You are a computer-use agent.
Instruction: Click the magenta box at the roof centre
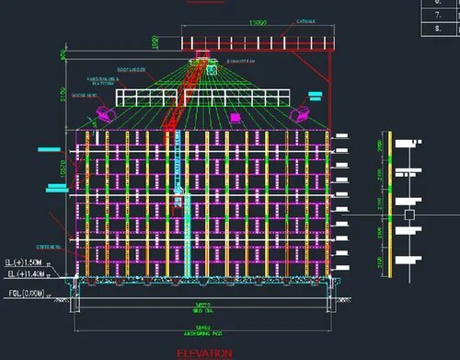click(x=235, y=117)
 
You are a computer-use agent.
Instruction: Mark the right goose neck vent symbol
click(x=301, y=113)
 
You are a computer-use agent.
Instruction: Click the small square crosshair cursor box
click(x=407, y=214)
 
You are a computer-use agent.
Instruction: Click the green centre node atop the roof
click(x=211, y=67)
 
